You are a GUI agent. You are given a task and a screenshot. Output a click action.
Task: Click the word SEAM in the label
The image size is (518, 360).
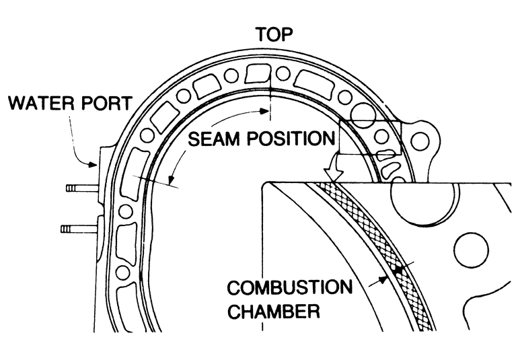pyautogui.click(x=214, y=141)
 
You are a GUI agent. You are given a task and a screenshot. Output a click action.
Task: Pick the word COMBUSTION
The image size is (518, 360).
pyautogui.click(x=289, y=287)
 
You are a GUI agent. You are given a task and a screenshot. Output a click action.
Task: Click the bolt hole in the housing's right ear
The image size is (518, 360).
pyautogui.click(x=420, y=141)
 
